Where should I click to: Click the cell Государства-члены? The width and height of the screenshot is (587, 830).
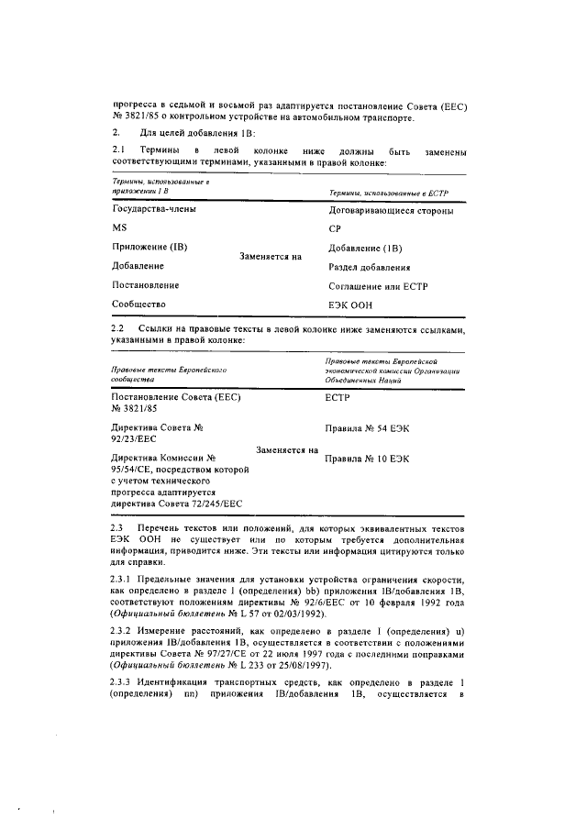153,209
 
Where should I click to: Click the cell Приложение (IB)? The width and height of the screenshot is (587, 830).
150,248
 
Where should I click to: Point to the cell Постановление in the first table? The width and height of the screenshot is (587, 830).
146,286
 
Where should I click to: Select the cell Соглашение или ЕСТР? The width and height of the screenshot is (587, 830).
378,286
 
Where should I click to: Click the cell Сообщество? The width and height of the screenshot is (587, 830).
138,305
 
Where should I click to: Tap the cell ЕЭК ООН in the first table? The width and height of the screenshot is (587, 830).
347,305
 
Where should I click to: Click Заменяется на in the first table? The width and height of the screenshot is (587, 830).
270,258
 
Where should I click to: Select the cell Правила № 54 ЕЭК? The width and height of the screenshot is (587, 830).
367,428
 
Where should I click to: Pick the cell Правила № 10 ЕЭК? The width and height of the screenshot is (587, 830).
367,457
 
